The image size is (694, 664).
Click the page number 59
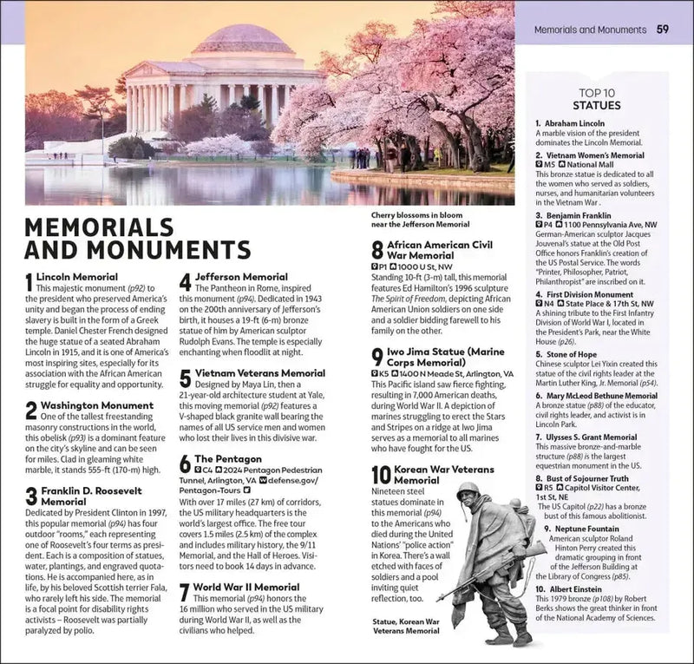coord(662,30)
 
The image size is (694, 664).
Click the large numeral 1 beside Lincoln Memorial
coord(29,282)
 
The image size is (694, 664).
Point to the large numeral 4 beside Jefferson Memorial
coord(185,282)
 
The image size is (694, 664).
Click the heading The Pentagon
coord(227,458)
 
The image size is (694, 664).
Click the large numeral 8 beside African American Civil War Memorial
coord(376,251)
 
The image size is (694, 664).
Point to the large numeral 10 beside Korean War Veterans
coord(382,475)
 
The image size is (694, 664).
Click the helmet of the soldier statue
coord(468,490)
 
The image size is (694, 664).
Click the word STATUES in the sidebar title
coord(597,106)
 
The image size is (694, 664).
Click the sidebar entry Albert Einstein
coord(575,588)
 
